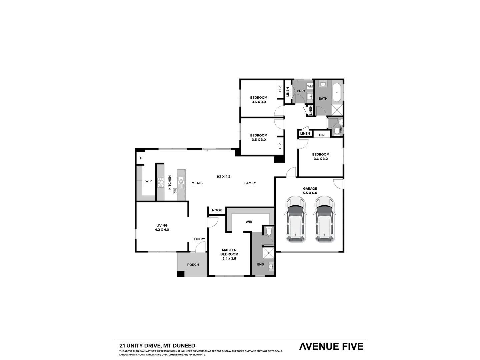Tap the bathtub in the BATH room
337,92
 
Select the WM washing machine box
310,86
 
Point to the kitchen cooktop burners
161,183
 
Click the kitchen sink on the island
181,182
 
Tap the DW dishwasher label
175,191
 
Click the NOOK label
217,210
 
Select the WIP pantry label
148,181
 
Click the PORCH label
193,265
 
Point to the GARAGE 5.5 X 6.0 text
310,191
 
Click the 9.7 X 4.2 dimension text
224,177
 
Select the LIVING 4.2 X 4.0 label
162,227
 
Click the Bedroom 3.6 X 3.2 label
321,156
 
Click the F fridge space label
141,158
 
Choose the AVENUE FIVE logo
331,346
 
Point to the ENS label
260,264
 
